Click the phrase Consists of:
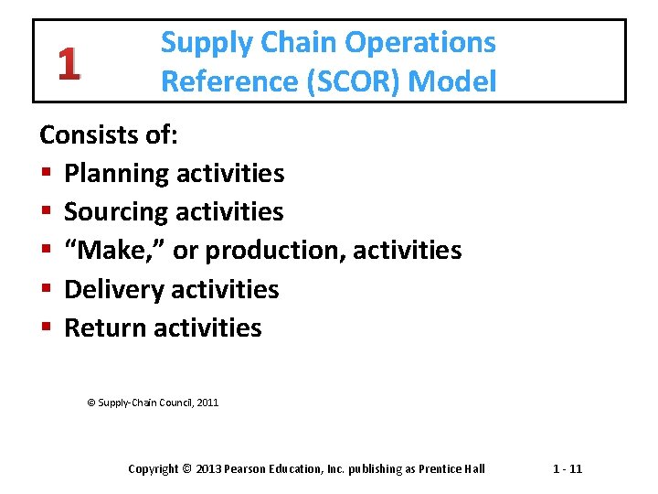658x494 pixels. (x=110, y=135)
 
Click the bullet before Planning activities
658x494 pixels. (x=45, y=174)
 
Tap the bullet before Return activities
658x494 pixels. (x=45, y=328)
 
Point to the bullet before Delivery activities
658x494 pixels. (x=45, y=290)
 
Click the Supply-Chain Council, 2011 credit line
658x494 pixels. (x=153, y=403)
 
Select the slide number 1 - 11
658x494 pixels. (x=567, y=469)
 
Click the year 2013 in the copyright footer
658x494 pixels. (x=209, y=469)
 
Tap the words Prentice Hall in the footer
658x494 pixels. (x=451, y=469)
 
